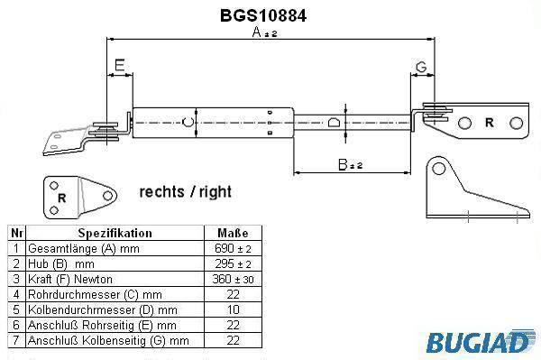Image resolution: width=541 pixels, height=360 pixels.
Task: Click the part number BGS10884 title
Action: tap(263, 15)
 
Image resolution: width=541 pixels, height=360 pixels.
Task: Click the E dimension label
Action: tap(120, 65)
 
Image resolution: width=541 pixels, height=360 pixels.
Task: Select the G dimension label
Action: tap(421, 67)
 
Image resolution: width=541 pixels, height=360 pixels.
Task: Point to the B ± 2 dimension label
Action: tap(350, 164)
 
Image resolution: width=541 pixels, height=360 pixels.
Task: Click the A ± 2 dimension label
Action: tap(264, 32)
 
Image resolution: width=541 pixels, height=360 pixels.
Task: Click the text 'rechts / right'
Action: tap(186, 191)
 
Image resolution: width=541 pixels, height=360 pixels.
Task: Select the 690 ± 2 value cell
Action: tap(234, 248)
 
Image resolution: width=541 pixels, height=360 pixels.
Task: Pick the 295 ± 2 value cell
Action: tap(234, 263)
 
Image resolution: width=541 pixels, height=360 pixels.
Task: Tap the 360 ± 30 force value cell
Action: tap(234, 279)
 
